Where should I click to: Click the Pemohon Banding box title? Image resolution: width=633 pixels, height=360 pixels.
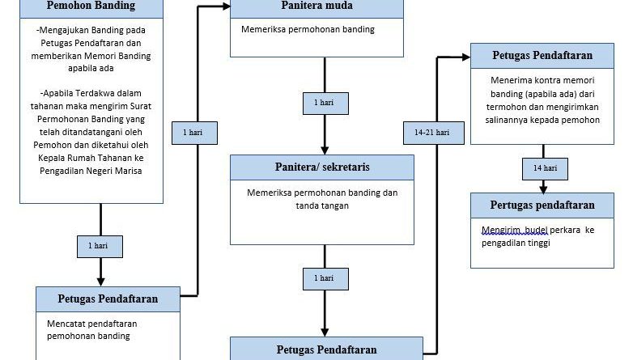(x=91, y=7)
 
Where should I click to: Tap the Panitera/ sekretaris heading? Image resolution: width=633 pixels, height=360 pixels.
(x=322, y=167)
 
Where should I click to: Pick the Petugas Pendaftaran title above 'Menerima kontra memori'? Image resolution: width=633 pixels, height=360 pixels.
(x=542, y=56)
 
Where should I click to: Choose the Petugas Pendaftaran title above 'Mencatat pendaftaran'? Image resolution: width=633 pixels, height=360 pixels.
(x=108, y=298)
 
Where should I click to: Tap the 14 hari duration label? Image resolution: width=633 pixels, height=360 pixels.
(x=544, y=167)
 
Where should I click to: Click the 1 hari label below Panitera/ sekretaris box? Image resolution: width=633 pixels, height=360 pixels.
(x=324, y=277)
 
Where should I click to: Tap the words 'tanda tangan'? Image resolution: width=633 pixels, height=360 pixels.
(x=322, y=205)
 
